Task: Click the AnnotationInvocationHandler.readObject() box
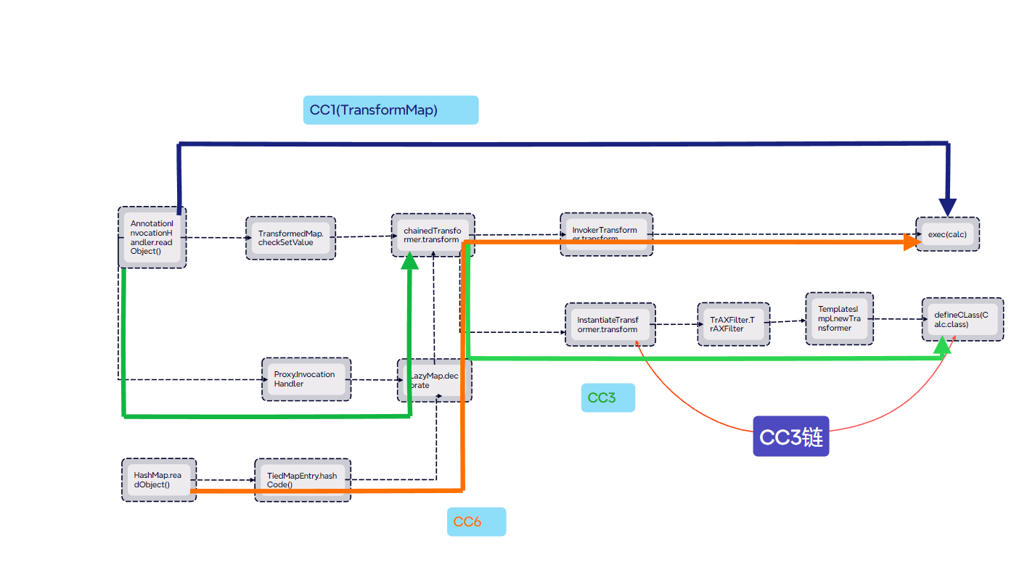(152, 237)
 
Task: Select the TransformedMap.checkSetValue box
(290, 238)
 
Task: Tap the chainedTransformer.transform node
(433, 234)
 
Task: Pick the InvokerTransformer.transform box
(606, 234)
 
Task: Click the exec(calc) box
(947, 234)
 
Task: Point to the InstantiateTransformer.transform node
(610, 324)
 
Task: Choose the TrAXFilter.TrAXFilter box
(732, 324)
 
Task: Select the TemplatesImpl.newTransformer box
(839, 318)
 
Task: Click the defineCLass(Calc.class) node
(962, 319)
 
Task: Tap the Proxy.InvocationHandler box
(306, 379)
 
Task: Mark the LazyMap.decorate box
(434, 380)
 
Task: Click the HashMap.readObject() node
(157, 479)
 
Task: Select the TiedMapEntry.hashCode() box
(302, 479)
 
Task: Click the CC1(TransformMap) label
(390, 110)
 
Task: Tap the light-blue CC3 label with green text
(607, 397)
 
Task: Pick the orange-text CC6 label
(475, 521)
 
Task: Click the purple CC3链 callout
(790, 436)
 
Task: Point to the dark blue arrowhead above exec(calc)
(947, 207)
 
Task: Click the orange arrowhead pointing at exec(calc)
(912, 243)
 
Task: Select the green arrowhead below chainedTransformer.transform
(410, 260)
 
